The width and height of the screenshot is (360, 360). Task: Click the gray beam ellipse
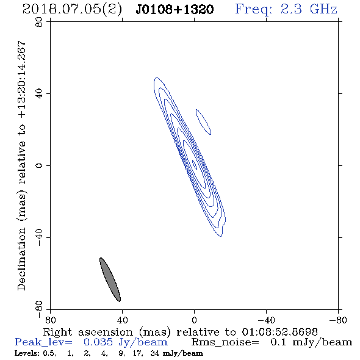tap(110, 279)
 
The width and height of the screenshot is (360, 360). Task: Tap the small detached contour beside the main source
tap(203, 122)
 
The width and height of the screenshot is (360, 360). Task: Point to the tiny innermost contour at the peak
tap(194, 165)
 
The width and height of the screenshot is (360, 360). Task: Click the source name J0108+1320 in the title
tap(175, 9)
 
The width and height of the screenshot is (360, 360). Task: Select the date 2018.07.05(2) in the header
tap(72, 9)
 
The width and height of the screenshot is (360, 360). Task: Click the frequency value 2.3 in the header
tap(291, 9)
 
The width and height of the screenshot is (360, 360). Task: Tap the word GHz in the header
tap(323, 9)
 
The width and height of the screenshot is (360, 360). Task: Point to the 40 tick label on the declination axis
tap(39, 94)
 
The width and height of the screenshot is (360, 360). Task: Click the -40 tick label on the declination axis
tap(39, 237)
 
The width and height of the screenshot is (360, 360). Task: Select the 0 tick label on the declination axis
tap(39, 165)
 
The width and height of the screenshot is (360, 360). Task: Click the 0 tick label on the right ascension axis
tap(194, 320)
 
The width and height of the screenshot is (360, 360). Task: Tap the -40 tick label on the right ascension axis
tap(266, 320)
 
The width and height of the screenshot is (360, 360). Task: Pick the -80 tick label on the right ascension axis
tap(338, 320)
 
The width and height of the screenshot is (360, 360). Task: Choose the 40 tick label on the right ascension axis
tap(123, 320)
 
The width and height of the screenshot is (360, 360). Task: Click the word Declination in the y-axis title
tap(21, 259)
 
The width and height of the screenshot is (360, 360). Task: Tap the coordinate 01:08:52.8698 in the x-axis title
tap(279, 332)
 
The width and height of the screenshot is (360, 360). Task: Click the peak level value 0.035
tap(98, 342)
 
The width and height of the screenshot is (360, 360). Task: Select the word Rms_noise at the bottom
tap(225, 342)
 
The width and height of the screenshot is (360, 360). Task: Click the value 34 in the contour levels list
tap(155, 353)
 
